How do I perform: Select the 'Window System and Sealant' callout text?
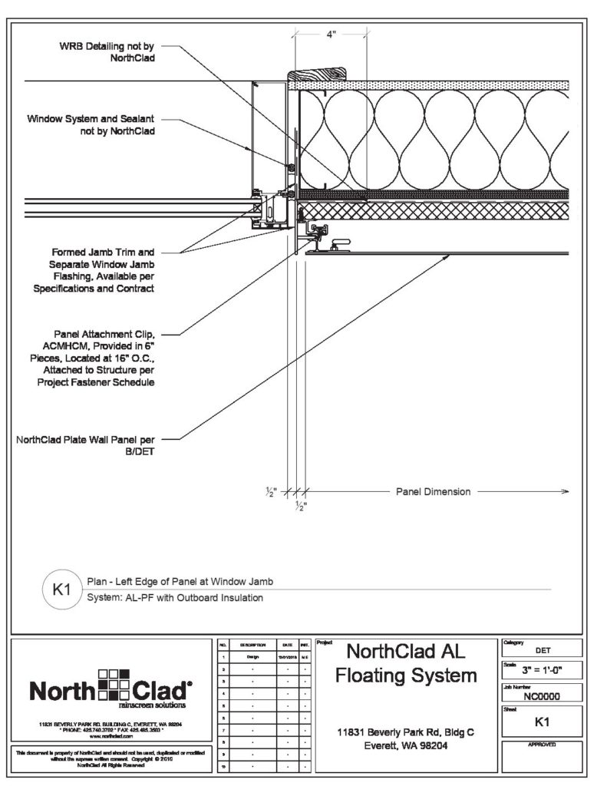91,125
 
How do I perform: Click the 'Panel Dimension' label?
432,491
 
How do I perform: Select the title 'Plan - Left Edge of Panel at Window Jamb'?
180,582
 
